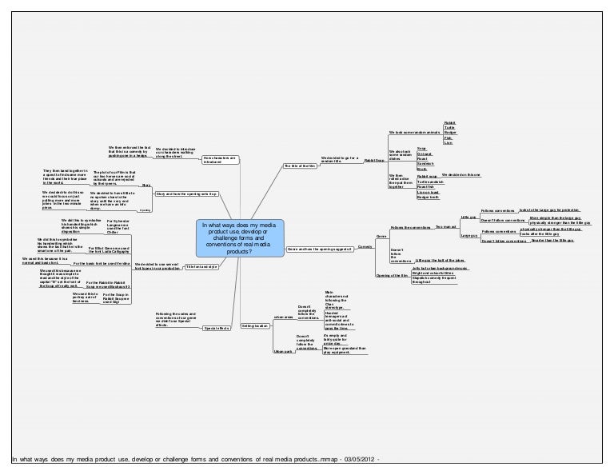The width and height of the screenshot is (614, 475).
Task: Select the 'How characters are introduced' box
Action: click(x=220, y=159)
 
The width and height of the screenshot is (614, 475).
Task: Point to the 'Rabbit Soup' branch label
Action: click(x=373, y=161)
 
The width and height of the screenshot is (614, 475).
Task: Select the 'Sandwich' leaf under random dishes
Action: click(x=426, y=163)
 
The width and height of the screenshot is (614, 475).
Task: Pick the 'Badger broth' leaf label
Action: click(x=428, y=197)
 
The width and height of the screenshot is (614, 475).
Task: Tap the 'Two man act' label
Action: click(x=445, y=227)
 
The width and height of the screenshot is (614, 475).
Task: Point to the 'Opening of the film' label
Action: click(x=389, y=276)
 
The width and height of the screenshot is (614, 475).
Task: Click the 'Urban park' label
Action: click(x=283, y=352)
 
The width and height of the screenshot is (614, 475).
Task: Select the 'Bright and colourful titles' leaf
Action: click(x=434, y=273)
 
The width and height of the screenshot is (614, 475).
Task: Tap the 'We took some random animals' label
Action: click(x=413, y=131)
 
